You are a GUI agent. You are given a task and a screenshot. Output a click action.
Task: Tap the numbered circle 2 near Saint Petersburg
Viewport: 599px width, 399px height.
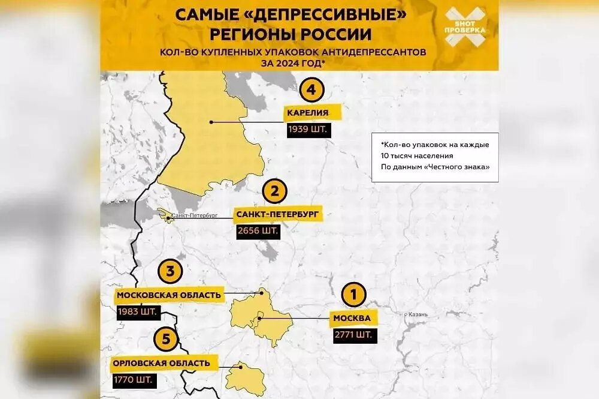(x=275, y=191)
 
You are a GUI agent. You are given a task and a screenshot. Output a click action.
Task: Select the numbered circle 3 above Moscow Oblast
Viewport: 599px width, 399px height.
(x=170, y=272)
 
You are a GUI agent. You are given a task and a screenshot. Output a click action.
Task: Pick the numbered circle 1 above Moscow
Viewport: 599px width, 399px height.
(x=353, y=295)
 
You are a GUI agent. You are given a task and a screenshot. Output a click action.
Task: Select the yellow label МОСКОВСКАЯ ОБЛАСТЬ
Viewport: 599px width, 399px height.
(x=169, y=295)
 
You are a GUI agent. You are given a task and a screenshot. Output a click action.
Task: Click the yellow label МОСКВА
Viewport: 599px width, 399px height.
(x=353, y=318)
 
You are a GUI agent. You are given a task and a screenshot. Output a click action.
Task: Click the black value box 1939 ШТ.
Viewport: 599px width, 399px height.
(x=308, y=130)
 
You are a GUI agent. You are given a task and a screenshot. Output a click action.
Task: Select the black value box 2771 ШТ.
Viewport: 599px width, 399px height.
(x=355, y=335)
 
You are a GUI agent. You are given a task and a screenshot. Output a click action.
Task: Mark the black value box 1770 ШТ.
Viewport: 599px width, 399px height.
(x=132, y=380)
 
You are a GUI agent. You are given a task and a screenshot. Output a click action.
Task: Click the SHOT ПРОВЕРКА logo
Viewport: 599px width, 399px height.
(x=465, y=27)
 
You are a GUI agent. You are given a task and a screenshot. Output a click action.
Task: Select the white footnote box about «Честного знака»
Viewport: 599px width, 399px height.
(x=434, y=157)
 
